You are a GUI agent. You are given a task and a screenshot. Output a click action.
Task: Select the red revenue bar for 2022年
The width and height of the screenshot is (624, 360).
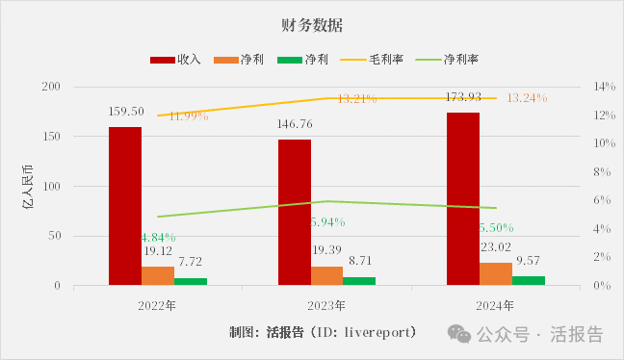coord(125,206)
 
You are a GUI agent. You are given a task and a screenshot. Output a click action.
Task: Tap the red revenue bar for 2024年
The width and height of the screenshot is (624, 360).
coord(463,198)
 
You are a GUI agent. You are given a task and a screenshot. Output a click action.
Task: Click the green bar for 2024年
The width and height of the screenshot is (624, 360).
coord(529,280)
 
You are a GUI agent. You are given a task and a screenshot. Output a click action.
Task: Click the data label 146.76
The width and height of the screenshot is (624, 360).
coord(295,124)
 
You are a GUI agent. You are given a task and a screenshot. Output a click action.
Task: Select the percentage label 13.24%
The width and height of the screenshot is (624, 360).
coord(526,98)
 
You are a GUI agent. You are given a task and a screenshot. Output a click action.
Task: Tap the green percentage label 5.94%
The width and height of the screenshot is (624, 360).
coord(327,221)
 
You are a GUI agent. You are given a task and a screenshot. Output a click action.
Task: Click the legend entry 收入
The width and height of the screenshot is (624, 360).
coord(176,60)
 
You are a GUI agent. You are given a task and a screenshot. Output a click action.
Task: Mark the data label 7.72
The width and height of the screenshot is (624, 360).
coord(189,262)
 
